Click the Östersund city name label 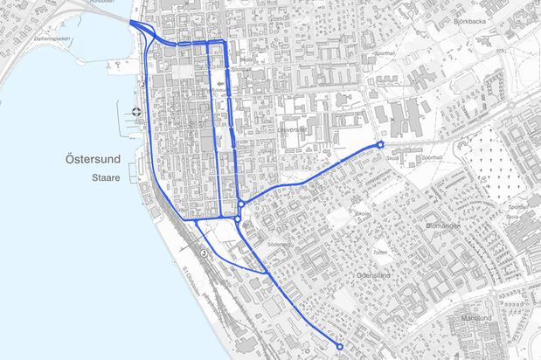94,160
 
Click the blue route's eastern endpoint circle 380,145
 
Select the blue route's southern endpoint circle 339,346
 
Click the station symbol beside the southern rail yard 203,253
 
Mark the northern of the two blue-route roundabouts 239,204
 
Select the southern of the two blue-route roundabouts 238,219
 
